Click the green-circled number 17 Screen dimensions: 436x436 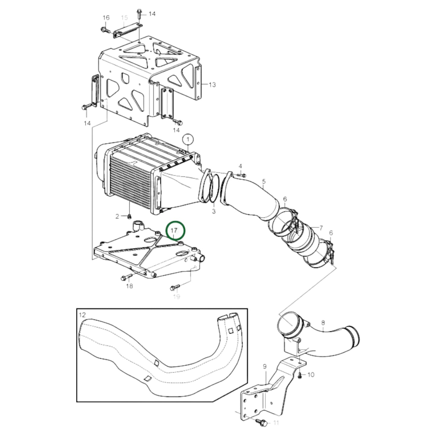click(x=174, y=231)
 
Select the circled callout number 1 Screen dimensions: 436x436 click(x=188, y=139)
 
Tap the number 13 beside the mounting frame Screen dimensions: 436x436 click(x=212, y=84)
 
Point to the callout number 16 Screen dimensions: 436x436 click(x=106, y=18)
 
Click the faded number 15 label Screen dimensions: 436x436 click(x=124, y=18)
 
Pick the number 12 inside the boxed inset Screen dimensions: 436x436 click(x=82, y=315)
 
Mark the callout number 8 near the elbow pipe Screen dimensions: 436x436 click(x=323, y=323)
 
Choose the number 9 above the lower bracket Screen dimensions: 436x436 click(x=265, y=367)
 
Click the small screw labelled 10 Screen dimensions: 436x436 click(x=300, y=375)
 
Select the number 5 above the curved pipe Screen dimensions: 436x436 click(x=264, y=182)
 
